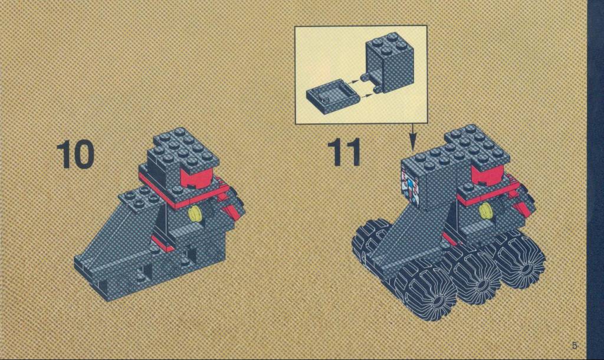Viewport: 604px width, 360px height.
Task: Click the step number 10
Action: pos(75,154)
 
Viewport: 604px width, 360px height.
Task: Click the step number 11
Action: pos(344,152)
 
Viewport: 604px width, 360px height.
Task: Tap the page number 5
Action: pos(575,345)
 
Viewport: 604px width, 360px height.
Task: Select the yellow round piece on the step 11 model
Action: pos(486,211)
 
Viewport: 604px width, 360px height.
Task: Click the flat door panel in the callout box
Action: pos(333,96)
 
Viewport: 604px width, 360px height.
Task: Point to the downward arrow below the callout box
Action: pos(412,136)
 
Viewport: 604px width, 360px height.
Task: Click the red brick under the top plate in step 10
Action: pos(197,178)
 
